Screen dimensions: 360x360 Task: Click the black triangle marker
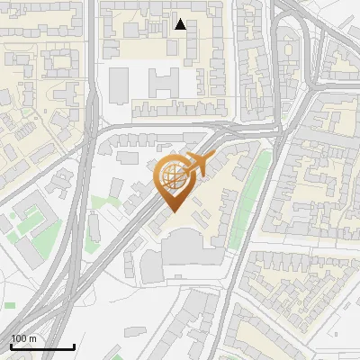click(x=180, y=24)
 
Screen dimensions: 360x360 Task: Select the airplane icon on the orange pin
click(x=196, y=165)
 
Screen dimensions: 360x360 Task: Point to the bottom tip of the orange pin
click(x=172, y=211)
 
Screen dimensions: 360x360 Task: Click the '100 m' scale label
click(x=24, y=338)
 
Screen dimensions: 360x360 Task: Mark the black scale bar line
click(x=42, y=346)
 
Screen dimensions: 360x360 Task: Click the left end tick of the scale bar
click(x=11, y=345)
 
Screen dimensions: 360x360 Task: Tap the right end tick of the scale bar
click(x=74, y=345)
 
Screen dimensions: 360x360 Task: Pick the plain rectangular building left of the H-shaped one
click(x=119, y=84)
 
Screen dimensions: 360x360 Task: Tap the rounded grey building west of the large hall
click(x=150, y=265)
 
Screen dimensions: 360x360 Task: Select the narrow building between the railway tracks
click(x=94, y=226)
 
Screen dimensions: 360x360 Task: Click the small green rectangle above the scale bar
click(x=10, y=304)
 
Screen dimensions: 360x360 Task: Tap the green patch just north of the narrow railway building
click(x=99, y=202)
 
